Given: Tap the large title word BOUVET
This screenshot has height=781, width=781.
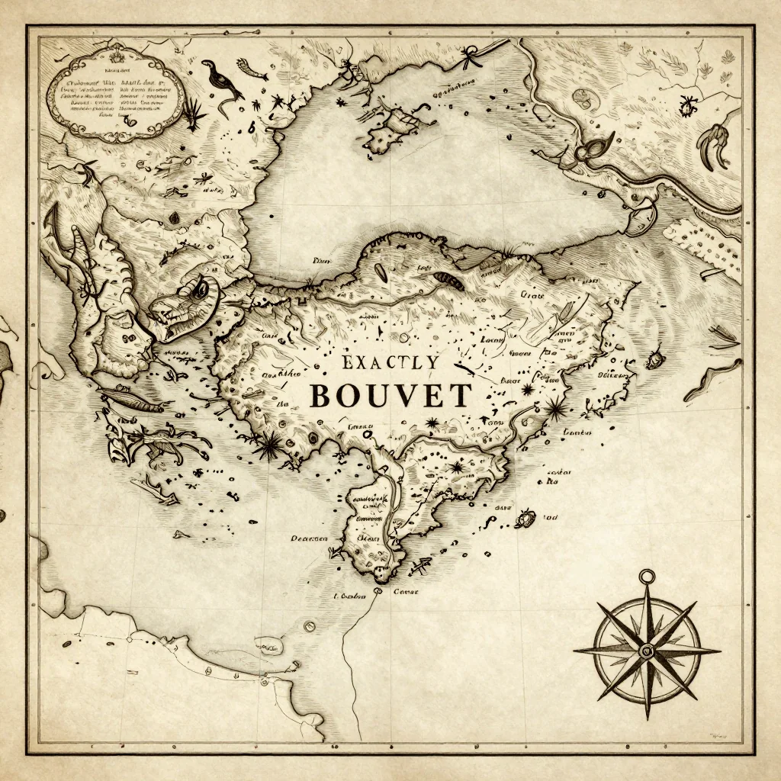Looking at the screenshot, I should [390, 396].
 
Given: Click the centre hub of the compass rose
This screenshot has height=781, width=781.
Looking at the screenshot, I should [647, 651].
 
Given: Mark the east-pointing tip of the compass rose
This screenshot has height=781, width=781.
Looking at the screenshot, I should [718, 651].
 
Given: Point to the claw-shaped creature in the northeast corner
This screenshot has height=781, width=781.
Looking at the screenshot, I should [715, 145].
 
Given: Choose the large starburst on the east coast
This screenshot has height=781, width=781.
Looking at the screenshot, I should [555, 410].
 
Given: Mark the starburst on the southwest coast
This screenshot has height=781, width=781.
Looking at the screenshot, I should [268, 444].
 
